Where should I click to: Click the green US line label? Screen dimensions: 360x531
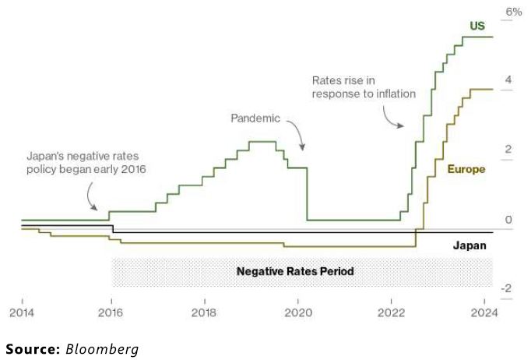point(476,26)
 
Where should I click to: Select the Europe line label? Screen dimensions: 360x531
point(466,169)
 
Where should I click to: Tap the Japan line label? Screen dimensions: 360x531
point(469,245)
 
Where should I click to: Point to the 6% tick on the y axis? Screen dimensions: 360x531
point(514,12)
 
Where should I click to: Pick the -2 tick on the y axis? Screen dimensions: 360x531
point(506,288)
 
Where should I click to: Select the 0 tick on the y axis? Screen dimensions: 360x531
point(508,220)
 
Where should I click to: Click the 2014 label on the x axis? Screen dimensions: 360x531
point(21,314)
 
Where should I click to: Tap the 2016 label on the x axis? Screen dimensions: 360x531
point(111,314)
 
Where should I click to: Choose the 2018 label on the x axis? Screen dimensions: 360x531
point(205,314)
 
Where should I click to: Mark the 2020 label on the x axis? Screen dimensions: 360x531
point(297,314)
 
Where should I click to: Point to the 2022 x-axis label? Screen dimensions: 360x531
point(391,314)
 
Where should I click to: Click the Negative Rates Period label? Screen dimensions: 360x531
point(295,272)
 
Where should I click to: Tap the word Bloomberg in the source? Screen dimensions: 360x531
point(102,349)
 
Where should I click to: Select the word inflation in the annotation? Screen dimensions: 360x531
point(393,94)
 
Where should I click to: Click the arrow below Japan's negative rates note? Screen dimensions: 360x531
point(91,197)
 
